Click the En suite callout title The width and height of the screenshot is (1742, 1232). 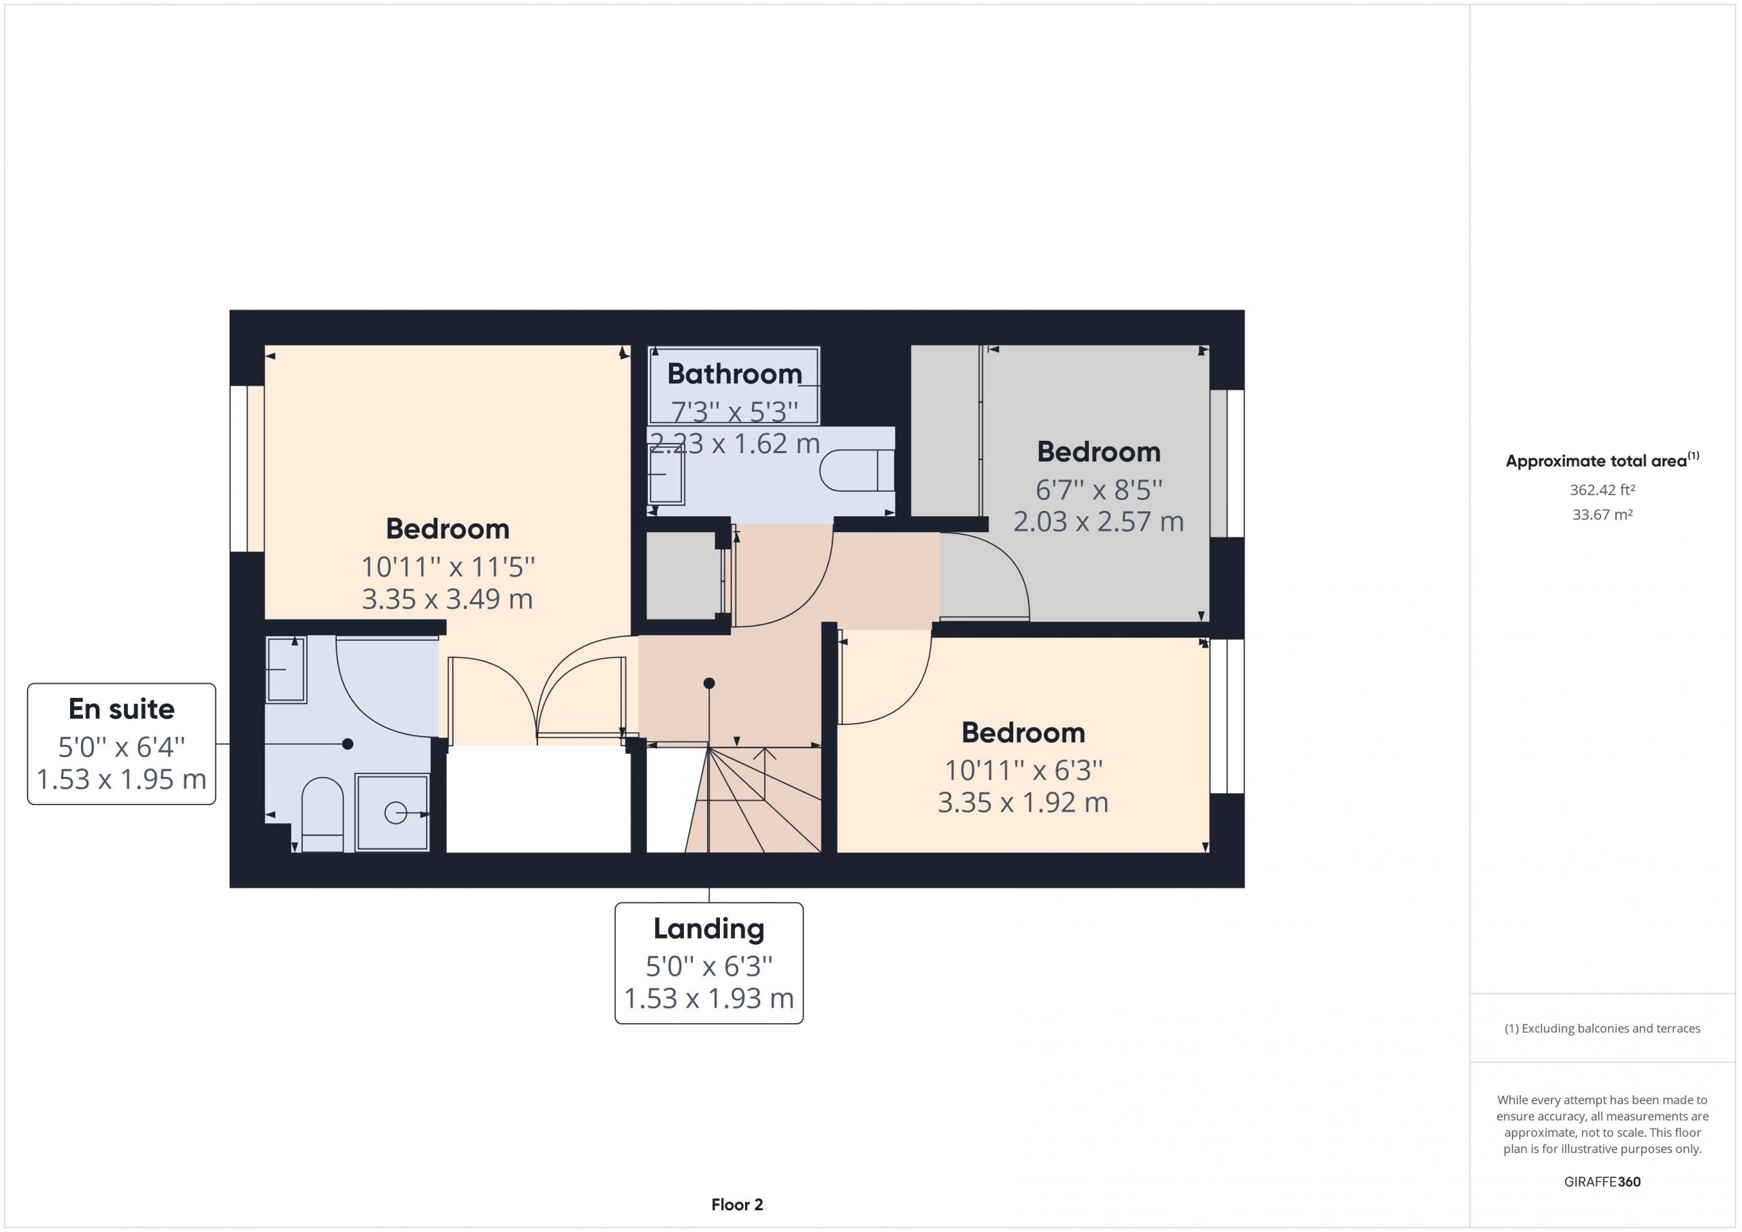click(x=121, y=709)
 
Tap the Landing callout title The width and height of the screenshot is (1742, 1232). click(x=708, y=929)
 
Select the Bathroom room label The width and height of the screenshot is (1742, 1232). click(x=734, y=373)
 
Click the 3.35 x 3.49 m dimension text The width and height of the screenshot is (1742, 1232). click(x=448, y=599)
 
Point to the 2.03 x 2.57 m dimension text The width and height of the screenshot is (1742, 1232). click(x=1098, y=522)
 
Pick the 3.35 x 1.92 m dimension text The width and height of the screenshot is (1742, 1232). click(x=1023, y=803)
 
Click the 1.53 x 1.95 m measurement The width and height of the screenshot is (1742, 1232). click(x=121, y=779)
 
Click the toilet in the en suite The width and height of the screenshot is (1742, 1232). click(x=323, y=815)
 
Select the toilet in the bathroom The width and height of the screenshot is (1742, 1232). click(x=857, y=470)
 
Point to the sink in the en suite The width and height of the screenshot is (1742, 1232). click(x=286, y=669)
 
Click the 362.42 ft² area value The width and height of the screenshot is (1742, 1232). click(x=1603, y=490)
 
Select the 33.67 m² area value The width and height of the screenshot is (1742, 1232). click(x=1603, y=514)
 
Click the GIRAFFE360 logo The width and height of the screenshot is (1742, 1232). click(x=1603, y=1182)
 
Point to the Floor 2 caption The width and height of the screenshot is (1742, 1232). click(x=737, y=1205)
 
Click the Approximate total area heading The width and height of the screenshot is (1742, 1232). click(x=1603, y=460)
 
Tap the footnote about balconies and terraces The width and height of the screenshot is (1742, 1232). click(x=1603, y=1029)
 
